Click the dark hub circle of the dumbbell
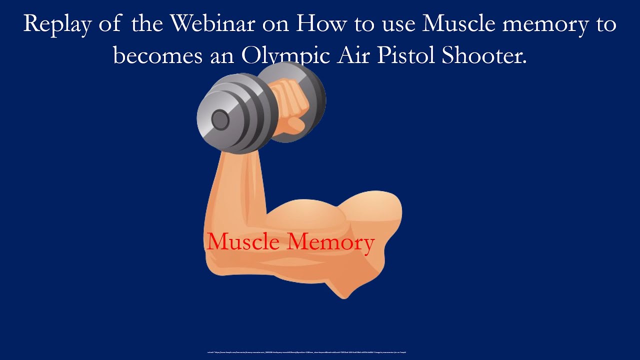[x=219, y=120]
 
